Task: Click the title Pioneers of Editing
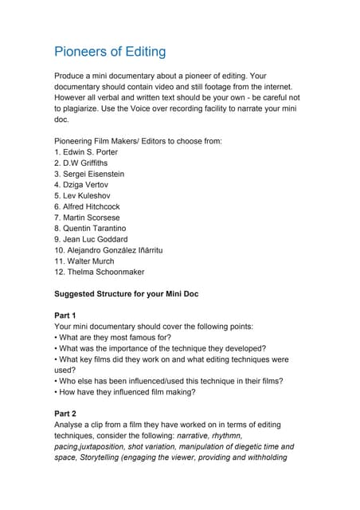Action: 110,52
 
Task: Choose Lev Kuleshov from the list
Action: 87,195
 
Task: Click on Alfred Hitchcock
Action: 92,206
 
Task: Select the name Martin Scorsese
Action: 91,217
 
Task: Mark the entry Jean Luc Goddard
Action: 95,239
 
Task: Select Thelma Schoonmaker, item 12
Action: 103,272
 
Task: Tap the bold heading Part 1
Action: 65,316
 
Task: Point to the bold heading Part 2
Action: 65,414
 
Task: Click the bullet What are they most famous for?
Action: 115,337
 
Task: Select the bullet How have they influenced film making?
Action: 128,392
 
